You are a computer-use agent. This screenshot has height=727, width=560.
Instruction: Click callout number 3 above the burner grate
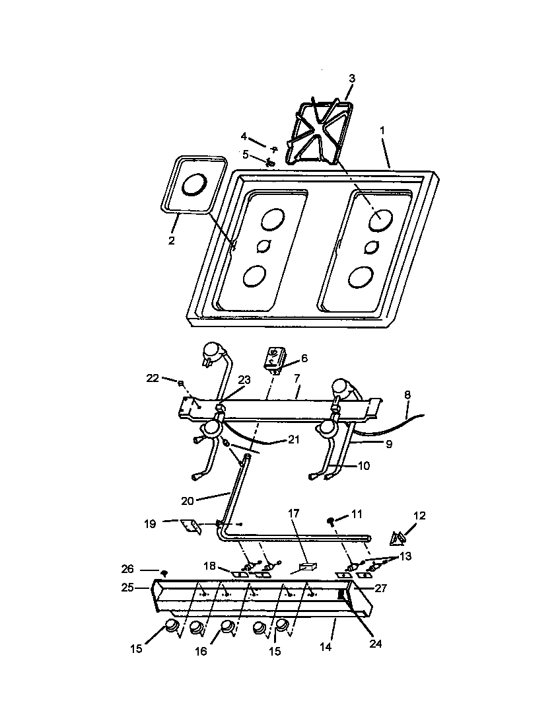point(352,79)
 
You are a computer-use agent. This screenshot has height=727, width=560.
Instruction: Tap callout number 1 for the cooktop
point(382,132)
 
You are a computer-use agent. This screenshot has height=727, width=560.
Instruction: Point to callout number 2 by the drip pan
point(171,241)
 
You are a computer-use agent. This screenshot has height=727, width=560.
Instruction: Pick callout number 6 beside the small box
point(304,358)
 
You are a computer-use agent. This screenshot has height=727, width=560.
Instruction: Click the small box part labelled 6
point(275,359)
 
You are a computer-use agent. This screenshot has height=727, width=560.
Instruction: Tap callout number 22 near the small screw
point(153,378)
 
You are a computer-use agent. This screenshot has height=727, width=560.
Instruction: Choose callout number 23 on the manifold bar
point(244,380)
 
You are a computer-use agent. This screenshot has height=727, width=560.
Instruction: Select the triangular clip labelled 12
point(398,539)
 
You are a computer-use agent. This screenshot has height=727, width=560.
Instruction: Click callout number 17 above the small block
point(294,512)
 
